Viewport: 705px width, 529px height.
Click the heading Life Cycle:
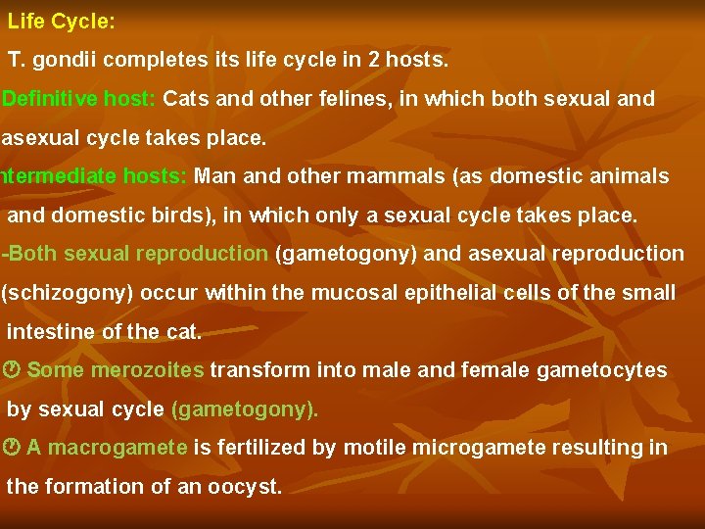tap(61, 21)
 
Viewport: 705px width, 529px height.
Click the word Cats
tap(188, 99)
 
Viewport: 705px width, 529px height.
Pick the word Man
tap(216, 176)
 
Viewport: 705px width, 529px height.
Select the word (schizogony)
tap(68, 293)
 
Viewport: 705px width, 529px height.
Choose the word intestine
tap(48, 331)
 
